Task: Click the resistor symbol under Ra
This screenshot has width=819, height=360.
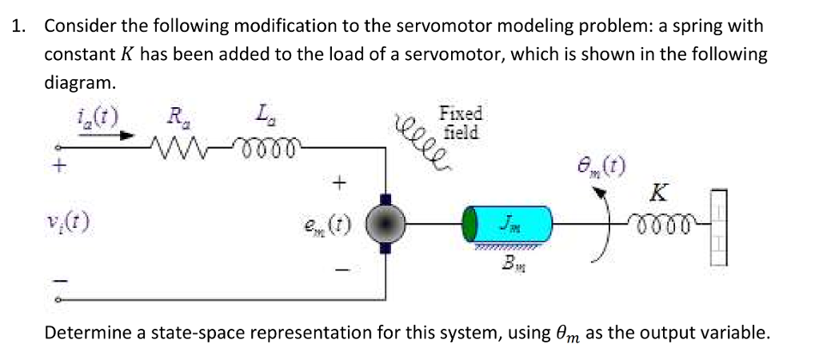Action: point(180,147)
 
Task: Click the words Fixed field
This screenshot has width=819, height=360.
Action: point(461,123)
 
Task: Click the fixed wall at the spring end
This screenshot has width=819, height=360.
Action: point(719,223)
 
